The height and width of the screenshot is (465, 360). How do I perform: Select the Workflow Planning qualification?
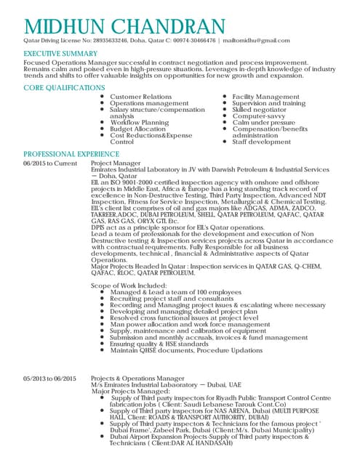(x=139, y=123)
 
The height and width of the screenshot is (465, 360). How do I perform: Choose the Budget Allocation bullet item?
(x=138, y=129)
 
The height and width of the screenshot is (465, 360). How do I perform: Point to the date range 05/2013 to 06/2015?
(x=50, y=379)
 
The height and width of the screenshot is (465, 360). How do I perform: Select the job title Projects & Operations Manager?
(x=137, y=379)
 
